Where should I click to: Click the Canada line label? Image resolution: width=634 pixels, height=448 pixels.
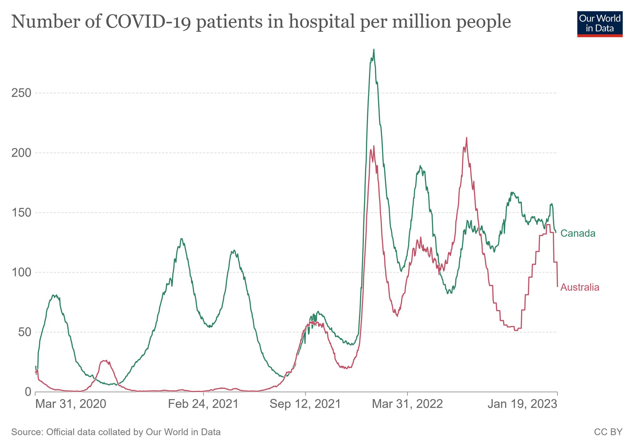(578, 233)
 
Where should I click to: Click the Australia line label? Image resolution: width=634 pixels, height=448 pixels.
(580, 288)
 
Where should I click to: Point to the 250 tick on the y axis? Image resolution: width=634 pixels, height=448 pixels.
(21, 93)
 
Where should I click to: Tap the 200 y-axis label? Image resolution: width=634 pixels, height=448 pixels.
(21, 153)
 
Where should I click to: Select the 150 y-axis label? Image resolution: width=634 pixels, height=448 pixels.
(21, 213)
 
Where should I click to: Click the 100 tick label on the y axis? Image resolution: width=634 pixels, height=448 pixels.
(21, 272)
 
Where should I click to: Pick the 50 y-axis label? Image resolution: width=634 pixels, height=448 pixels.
(24, 332)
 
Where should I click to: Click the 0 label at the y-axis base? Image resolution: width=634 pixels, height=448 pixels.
(28, 392)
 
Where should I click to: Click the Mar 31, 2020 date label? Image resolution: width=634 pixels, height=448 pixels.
(71, 404)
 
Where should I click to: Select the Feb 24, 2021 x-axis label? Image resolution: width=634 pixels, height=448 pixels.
(203, 404)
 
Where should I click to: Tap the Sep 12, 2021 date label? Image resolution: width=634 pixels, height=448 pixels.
(305, 404)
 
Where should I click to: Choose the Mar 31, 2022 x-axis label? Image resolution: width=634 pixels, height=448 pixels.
(407, 404)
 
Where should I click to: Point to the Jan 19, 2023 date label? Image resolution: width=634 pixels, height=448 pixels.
(523, 404)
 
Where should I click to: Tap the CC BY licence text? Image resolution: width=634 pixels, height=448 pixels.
(608, 432)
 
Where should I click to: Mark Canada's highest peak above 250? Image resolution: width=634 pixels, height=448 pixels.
(374, 50)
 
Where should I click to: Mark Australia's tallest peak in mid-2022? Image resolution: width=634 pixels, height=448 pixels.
(466, 138)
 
